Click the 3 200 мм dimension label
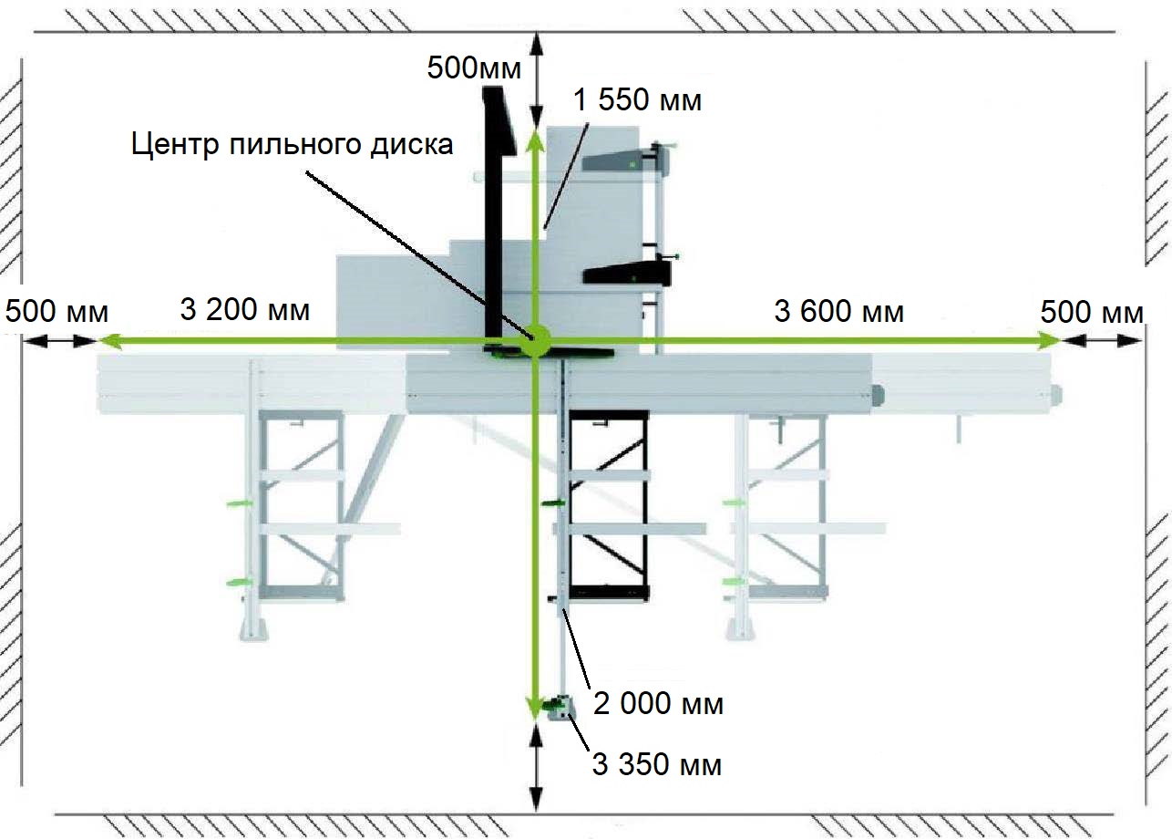click(x=245, y=310)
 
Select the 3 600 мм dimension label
click(x=838, y=311)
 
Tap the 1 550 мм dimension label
click(x=638, y=99)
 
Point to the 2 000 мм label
click(x=659, y=703)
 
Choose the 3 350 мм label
click(x=657, y=764)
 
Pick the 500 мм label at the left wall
click(x=57, y=311)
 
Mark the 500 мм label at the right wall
click(x=1091, y=312)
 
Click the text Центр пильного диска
click(x=292, y=145)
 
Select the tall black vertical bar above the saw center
click(x=496, y=210)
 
